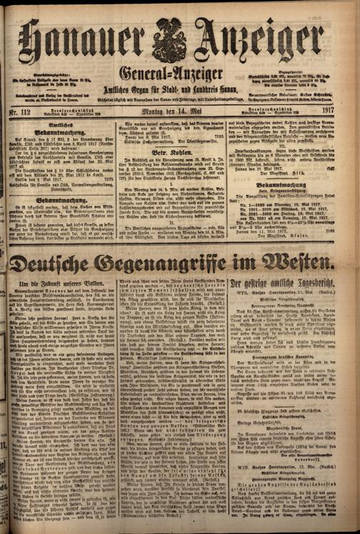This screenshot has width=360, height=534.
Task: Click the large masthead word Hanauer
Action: tap(82, 38)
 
